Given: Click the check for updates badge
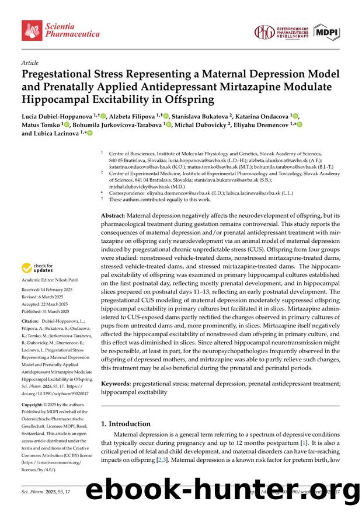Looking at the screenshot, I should [37, 269].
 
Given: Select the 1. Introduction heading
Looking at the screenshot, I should [126, 424].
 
